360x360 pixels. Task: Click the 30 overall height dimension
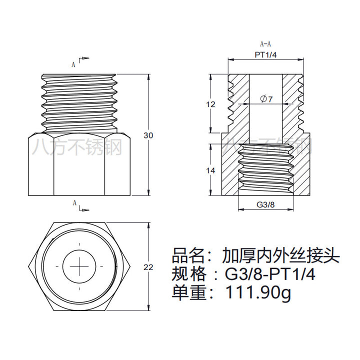coord(148,135)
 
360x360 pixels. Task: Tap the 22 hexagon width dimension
coord(148,267)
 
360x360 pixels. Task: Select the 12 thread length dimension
coord(210,104)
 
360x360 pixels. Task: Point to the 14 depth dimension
coord(210,170)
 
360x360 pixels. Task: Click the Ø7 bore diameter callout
coord(266,99)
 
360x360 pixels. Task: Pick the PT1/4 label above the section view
coord(265,55)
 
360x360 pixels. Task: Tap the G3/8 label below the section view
coord(265,204)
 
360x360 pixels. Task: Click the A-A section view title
coord(265,43)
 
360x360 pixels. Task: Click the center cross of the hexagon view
coord(79,266)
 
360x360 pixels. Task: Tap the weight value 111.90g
coord(259,293)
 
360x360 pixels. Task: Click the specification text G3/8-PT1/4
coord(270,274)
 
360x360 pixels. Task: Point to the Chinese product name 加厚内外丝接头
coord(281,255)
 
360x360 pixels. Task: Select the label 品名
coord(188,255)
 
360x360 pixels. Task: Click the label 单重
coord(188,292)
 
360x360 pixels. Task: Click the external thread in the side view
coord(79,103)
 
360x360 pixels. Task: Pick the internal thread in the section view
coord(266,169)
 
